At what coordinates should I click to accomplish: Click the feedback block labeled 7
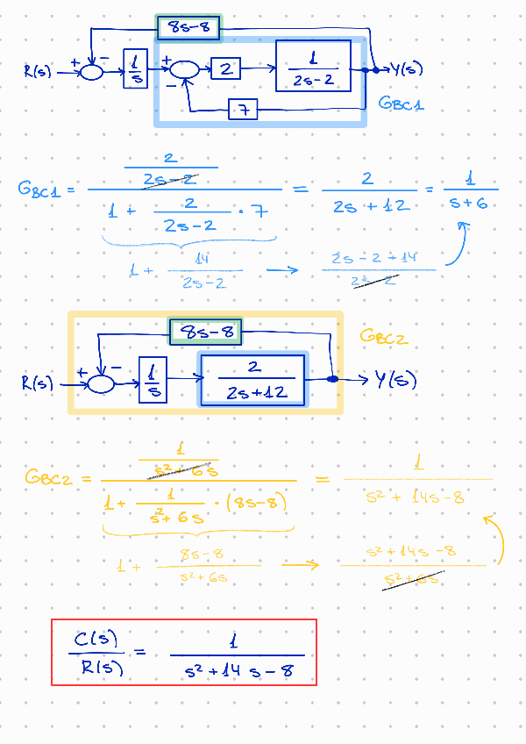[243, 110]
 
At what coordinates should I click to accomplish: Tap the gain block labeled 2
[225, 68]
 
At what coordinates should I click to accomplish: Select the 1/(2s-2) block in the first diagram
[313, 66]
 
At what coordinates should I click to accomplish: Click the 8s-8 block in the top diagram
[188, 28]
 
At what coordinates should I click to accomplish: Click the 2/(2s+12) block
[253, 380]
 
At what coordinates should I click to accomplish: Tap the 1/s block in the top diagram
[136, 69]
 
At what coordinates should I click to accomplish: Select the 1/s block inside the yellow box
[153, 381]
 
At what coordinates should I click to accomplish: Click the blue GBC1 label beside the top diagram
[402, 104]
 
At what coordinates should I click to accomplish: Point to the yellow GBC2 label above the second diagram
[384, 337]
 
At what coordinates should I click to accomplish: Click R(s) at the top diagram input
[39, 71]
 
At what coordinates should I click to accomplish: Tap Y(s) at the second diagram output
[395, 380]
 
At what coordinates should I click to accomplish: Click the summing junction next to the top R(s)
[92, 72]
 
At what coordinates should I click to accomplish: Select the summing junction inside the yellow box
[102, 383]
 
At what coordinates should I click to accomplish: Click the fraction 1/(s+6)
[470, 190]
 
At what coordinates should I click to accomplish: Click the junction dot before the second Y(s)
[333, 379]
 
